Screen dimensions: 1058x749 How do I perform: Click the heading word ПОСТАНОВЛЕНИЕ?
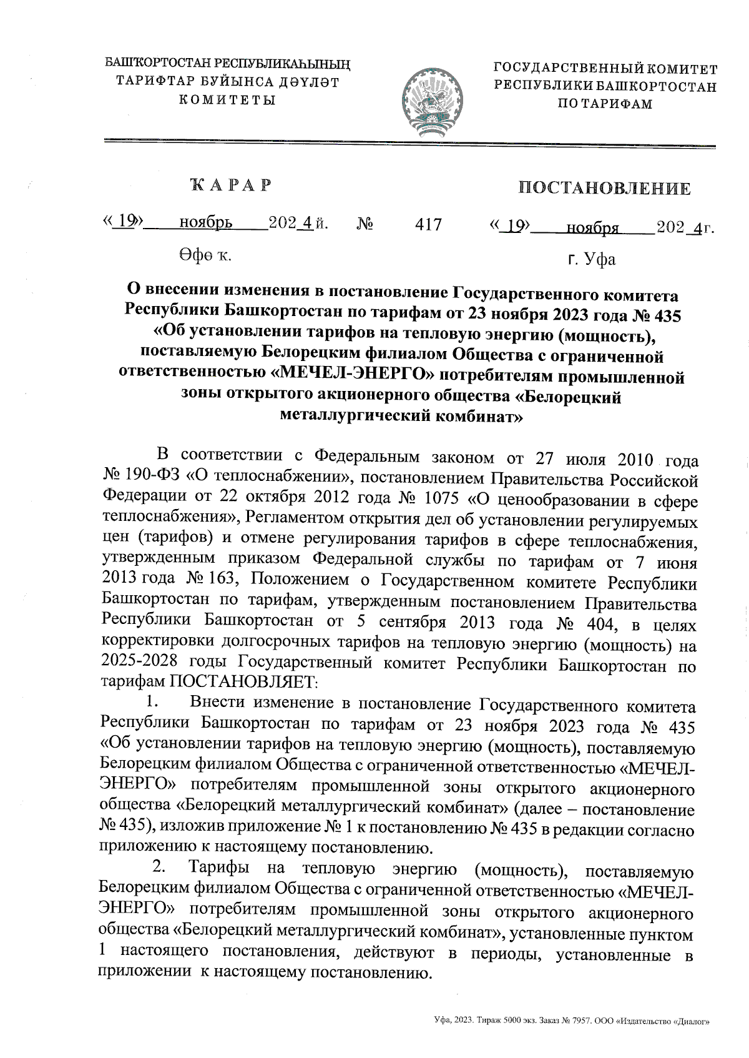pos(605,189)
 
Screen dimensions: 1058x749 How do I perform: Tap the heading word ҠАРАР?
pos(231,185)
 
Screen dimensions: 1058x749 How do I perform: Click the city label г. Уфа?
pos(592,259)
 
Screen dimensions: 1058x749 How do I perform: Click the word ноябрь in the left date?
pos(206,223)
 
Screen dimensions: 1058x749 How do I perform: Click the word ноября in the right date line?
pos(592,229)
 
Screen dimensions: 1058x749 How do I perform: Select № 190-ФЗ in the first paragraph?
pos(141,478)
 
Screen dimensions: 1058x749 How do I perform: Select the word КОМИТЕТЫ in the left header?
pos(227,99)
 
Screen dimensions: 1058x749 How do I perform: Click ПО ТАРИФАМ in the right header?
pos(604,104)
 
